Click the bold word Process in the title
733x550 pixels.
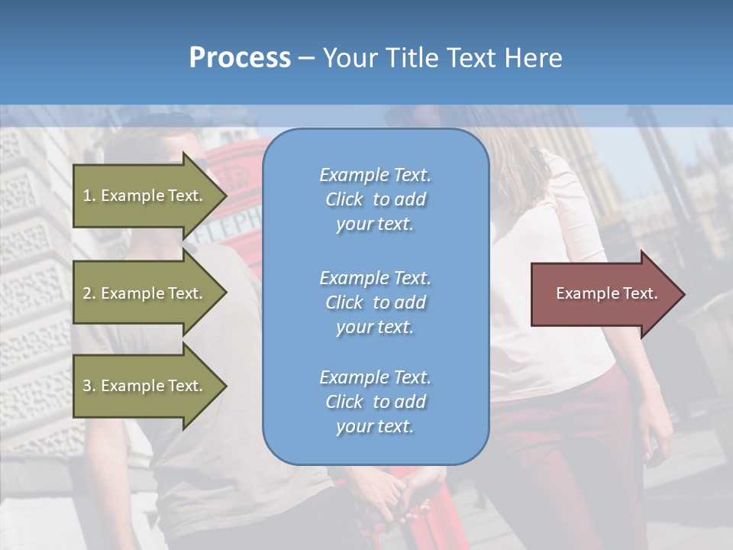point(240,57)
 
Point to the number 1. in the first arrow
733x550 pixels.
point(89,196)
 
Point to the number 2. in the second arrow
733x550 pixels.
point(89,293)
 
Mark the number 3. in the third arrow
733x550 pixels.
point(89,386)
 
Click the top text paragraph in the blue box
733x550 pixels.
point(375,199)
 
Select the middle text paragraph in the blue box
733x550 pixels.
point(375,302)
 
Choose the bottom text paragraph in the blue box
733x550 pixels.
point(375,402)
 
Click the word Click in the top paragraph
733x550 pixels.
point(344,199)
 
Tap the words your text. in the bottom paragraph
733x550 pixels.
point(375,426)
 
